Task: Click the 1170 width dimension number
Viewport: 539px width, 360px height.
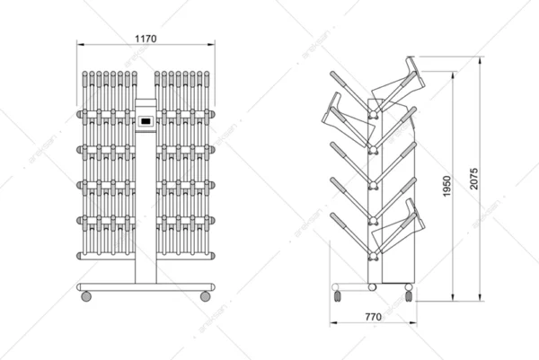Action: [x=146, y=38]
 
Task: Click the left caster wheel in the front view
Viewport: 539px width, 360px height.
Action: [x=86, y=294]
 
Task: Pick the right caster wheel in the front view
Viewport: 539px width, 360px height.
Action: [x=206, y=294]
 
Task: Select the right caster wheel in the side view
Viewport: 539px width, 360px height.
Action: [x=409, y=293]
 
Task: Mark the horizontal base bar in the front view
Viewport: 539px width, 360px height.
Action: [x=146, y=285]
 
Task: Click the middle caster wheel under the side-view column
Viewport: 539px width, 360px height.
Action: [x=373, y=286]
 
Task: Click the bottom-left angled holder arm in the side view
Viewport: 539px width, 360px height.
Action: [x=349, y=230]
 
